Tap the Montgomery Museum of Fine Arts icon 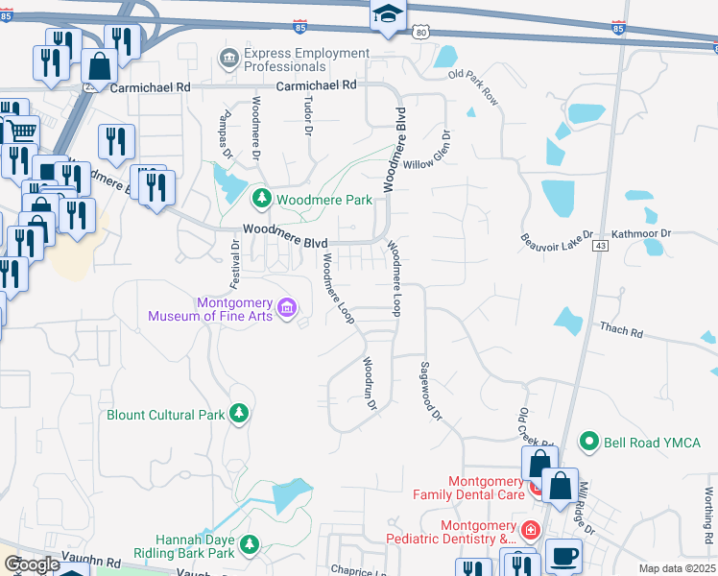pos(286,308)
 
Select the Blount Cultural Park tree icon pos(239,415)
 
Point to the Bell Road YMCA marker pos(589,443)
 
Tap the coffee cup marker pos(563,555)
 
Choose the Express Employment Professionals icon pos(229,60)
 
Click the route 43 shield pos(600,247)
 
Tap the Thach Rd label pos(621,330)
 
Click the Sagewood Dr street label pos(430,392)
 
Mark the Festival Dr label pos(233,265)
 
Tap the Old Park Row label pos(474,87)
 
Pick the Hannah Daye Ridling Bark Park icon pos(250,545)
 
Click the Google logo pos(32,564)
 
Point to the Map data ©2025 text pos(676,568)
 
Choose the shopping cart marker pos(21,130)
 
